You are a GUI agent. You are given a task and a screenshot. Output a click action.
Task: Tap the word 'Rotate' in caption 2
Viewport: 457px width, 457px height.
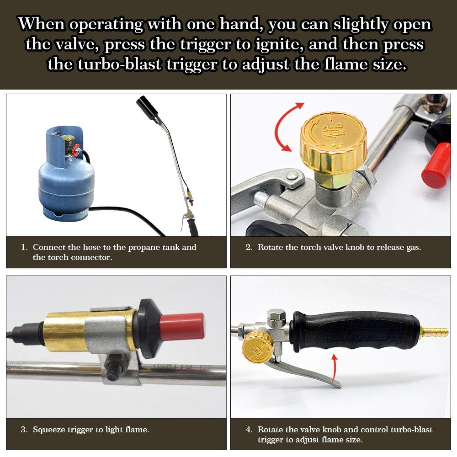point(271,247)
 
